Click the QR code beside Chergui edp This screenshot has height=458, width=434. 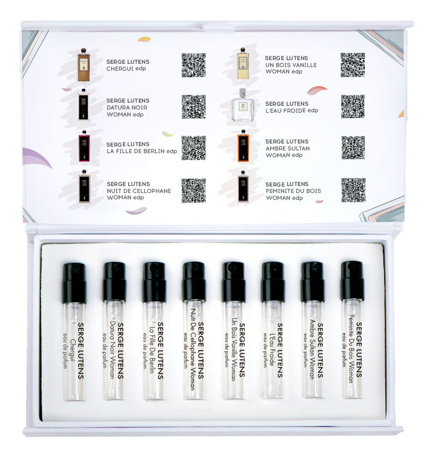[194, 65]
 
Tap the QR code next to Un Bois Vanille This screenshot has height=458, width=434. [353, 65]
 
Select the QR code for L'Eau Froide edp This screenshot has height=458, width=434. [353, 106]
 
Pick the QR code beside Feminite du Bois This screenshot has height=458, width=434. [353, 190]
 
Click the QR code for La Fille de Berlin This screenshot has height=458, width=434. [194, 148]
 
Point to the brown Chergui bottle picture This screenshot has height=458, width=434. [84, 65]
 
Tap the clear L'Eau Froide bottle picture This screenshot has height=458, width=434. [243, 105]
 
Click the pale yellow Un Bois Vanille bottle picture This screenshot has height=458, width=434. [243, 63]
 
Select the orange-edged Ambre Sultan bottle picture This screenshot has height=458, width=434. [243, 146]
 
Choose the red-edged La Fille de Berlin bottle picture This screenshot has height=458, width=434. [84, 146]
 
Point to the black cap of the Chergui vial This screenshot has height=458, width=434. [74, 283]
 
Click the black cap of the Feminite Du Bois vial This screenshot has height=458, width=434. [353, 281]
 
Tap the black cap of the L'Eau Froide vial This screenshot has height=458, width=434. [273, 282]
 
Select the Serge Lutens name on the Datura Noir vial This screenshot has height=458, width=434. [121, 351]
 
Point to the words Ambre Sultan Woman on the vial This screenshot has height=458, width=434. [312, 349]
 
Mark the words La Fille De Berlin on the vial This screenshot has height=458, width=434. [152, 349]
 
